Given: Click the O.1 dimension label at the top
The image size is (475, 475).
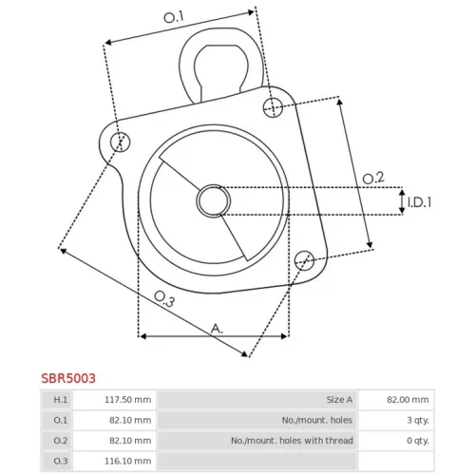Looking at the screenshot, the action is [174, 17].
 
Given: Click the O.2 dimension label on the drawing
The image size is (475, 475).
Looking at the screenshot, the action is [373, 178].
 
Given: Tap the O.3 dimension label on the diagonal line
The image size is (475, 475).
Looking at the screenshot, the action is [164, 298].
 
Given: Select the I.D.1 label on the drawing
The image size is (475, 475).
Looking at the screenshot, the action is [419, 202].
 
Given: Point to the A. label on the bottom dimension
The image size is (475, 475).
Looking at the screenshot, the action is [217, 329].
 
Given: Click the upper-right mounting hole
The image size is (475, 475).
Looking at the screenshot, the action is [274, 107].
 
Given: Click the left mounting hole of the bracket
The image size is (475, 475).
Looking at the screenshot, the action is [121, 142].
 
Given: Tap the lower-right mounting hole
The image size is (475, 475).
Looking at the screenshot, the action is [304, 260].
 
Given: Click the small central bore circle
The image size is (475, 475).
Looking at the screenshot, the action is [214, 200].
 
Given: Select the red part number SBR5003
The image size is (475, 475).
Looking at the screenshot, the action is [68, 378].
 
